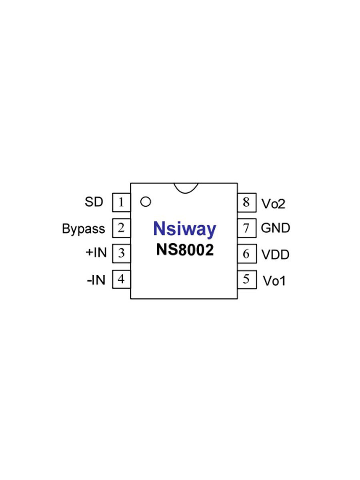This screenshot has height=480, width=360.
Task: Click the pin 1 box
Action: point(121,202)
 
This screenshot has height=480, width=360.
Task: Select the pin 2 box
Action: point(121,228)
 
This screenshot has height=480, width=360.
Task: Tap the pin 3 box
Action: point(121,253)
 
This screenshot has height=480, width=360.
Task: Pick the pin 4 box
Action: point(121,279)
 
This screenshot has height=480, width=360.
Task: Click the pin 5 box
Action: point(246,280)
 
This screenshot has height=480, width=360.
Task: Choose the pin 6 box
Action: point(246,254)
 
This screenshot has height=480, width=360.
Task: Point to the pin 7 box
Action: point(246,228)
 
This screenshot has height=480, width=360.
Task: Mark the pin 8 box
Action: point(246,202)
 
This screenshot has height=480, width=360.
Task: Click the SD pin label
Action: point(94,202)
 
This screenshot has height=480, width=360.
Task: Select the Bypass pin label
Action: point(83,229)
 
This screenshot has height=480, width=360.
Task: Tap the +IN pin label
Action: point(96,253)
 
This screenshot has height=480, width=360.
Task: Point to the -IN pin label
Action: point(96,280)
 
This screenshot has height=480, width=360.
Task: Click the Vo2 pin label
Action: point(274,204)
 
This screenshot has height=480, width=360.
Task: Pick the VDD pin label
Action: point(275,254)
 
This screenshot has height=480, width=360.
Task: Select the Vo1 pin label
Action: point(274,281)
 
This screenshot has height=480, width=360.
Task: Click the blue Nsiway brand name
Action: point(184,230)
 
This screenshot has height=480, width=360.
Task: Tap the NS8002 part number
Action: point(184,250)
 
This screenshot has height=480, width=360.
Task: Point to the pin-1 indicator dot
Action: point(146,202)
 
